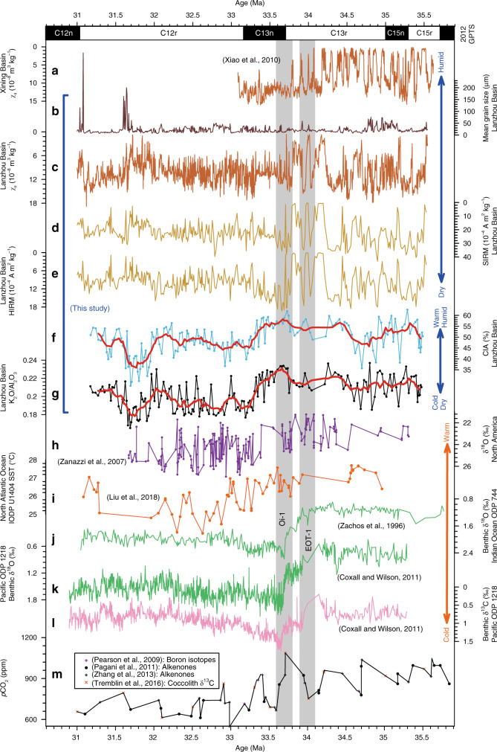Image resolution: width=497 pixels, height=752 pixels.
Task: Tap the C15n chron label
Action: [395, 33]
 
